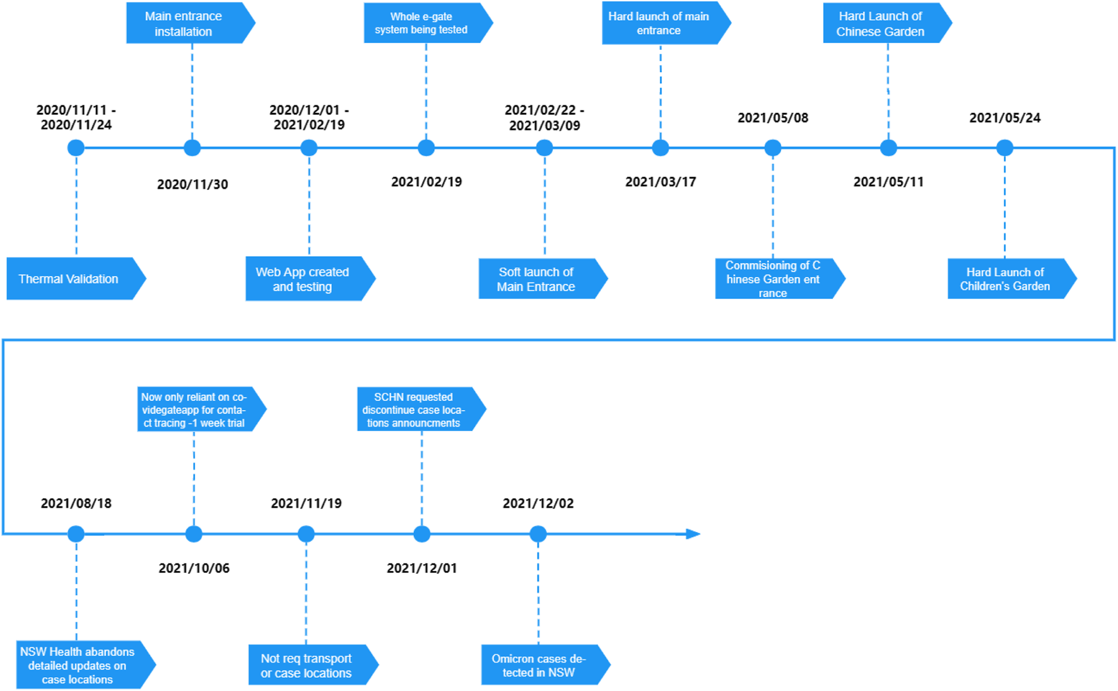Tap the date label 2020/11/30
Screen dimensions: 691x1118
point(192,184)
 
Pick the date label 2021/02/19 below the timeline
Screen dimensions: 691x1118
point(427,182)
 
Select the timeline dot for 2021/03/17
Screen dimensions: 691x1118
point(660,148)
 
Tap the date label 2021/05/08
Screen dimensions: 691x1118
point(773,118)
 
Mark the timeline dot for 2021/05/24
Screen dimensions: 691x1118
point(1004,148)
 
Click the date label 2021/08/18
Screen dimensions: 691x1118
point(76,504)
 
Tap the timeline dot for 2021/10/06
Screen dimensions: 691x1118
point(194,534)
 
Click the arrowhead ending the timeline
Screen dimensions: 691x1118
point(692,534)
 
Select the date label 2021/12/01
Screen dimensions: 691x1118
point(421,568)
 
